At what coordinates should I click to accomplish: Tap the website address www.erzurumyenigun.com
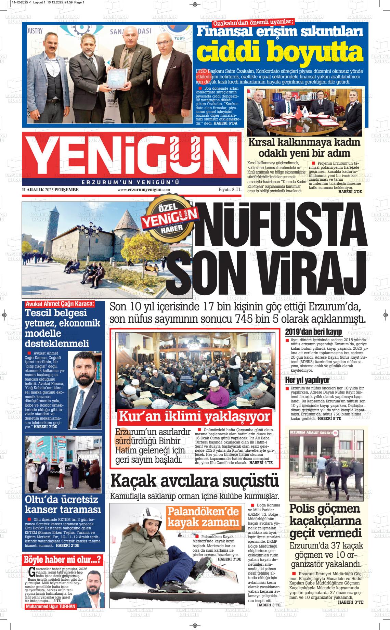(144, 190)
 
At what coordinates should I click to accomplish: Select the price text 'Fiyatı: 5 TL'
(230, 190)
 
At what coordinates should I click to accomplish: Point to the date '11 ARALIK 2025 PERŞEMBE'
(50, 190)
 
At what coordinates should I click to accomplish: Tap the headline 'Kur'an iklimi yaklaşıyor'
(194, 416)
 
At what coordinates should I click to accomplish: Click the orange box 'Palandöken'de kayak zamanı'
(203, 517)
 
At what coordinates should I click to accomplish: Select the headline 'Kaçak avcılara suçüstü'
(195, 481)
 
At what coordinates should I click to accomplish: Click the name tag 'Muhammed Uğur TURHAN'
(50, 606)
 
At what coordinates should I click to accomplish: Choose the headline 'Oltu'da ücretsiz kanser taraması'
(63, 504)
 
